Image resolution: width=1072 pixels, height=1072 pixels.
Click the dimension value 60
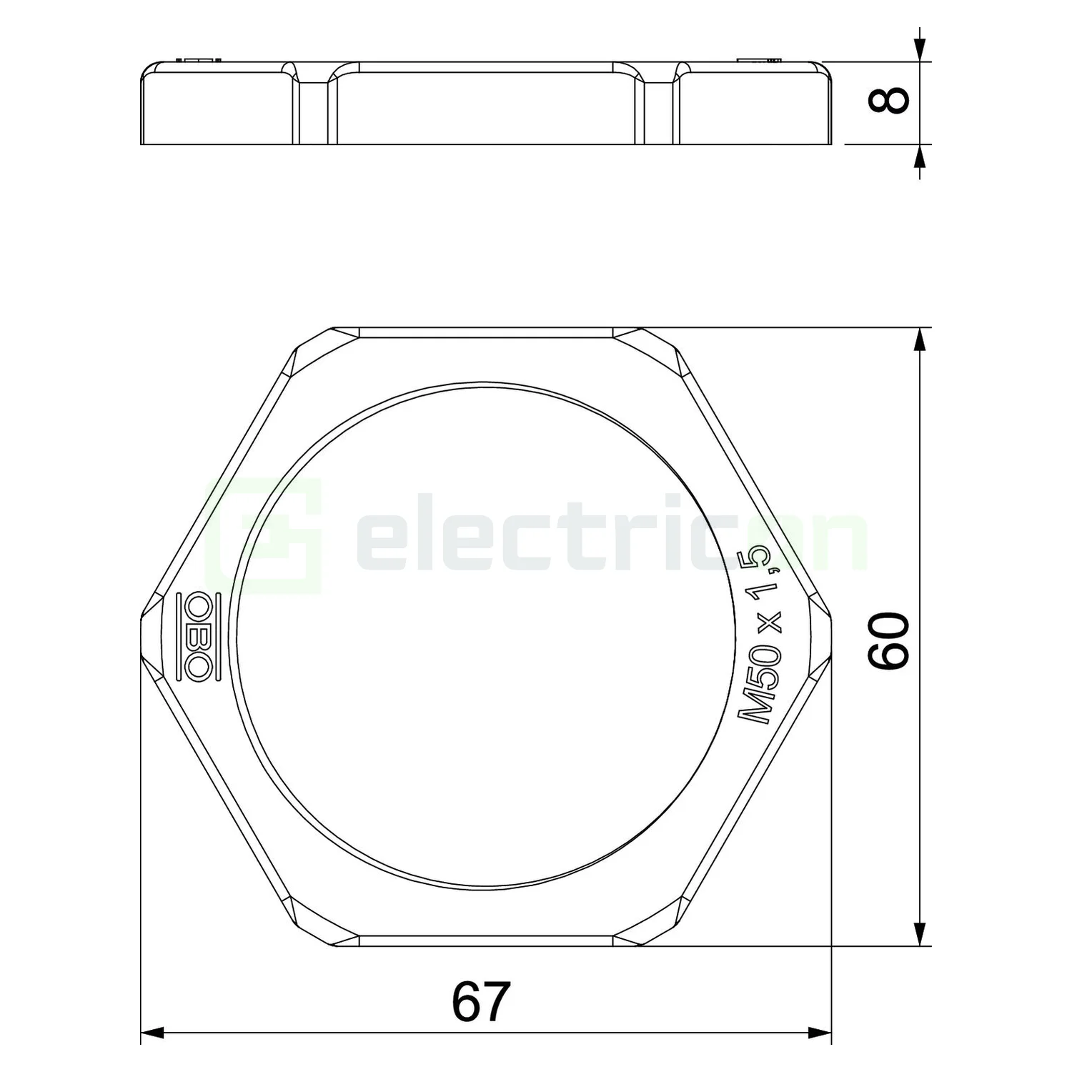[888, 640]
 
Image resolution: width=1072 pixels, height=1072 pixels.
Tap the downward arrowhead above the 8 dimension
[920, 50]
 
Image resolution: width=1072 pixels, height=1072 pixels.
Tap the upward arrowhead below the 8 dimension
[920, 156]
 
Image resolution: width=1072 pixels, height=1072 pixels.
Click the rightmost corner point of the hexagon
[830, 636]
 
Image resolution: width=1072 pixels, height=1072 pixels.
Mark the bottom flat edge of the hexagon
[486, 945]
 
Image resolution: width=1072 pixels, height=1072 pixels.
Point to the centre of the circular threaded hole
[486, 636]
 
